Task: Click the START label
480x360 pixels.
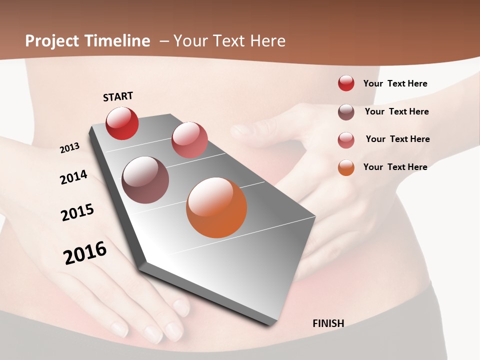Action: click(118, 96)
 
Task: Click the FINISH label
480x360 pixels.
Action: click(328, 323)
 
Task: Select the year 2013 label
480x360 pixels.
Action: click(69, 148)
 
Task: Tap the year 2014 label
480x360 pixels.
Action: click(73, 177)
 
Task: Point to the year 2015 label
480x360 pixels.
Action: click(77, 212)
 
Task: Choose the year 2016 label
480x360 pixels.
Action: click(85, 253)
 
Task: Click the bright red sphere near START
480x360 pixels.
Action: click(122, 123)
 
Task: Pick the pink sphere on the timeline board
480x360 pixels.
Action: click(189, 139)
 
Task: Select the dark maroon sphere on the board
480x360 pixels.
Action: click(145, 180)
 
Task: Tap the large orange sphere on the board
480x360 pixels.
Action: click(216, 207)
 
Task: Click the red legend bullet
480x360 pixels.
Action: click(346, 83)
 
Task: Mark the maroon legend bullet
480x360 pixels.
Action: click(346, 112)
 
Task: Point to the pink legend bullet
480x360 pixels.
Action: click(346, 139)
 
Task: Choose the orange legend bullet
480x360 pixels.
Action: click(346, 167)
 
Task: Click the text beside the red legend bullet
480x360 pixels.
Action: click(395, 83)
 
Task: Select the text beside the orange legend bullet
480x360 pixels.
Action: click(395, 167)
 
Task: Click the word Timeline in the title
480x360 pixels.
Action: click(117, 41)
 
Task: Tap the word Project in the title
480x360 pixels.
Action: click(52, 41)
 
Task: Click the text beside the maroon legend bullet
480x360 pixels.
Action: click(396, 111)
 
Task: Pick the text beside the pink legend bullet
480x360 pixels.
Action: click(397, 139)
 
